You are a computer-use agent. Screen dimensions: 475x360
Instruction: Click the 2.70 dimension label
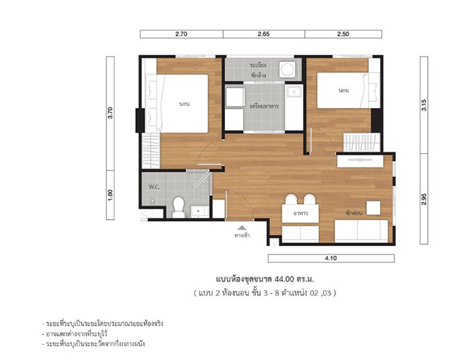(181, 34)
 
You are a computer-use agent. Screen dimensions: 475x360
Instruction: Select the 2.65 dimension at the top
(263, 34)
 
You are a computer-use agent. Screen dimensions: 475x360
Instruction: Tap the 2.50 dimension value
(343, 34)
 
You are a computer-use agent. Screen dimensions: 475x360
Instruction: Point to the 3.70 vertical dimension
(110, 113)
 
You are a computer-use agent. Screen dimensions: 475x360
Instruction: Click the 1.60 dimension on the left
(110, 195)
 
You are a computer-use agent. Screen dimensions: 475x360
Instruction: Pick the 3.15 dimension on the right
(424, 105)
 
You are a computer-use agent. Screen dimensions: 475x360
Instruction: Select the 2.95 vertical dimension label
(424, 199)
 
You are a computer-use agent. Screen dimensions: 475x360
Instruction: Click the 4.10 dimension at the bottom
(331, 258)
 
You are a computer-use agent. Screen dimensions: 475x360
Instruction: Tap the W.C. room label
(154, 187)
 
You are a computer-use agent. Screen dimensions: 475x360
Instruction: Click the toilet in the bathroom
(178, 208)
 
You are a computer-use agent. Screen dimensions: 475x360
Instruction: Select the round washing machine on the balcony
(287, 70)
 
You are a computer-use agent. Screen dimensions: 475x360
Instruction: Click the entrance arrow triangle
(241, 227)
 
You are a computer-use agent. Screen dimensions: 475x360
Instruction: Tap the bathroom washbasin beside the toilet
(199, 212)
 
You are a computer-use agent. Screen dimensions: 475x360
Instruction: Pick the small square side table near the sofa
(373, 208)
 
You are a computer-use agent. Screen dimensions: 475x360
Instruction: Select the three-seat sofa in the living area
(361, 231)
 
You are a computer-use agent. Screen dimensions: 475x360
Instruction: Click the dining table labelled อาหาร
(300, 214)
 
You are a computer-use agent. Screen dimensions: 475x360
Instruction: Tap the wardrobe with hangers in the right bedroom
(362, 142)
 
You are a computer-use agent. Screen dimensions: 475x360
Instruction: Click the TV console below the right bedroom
(360, 161)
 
